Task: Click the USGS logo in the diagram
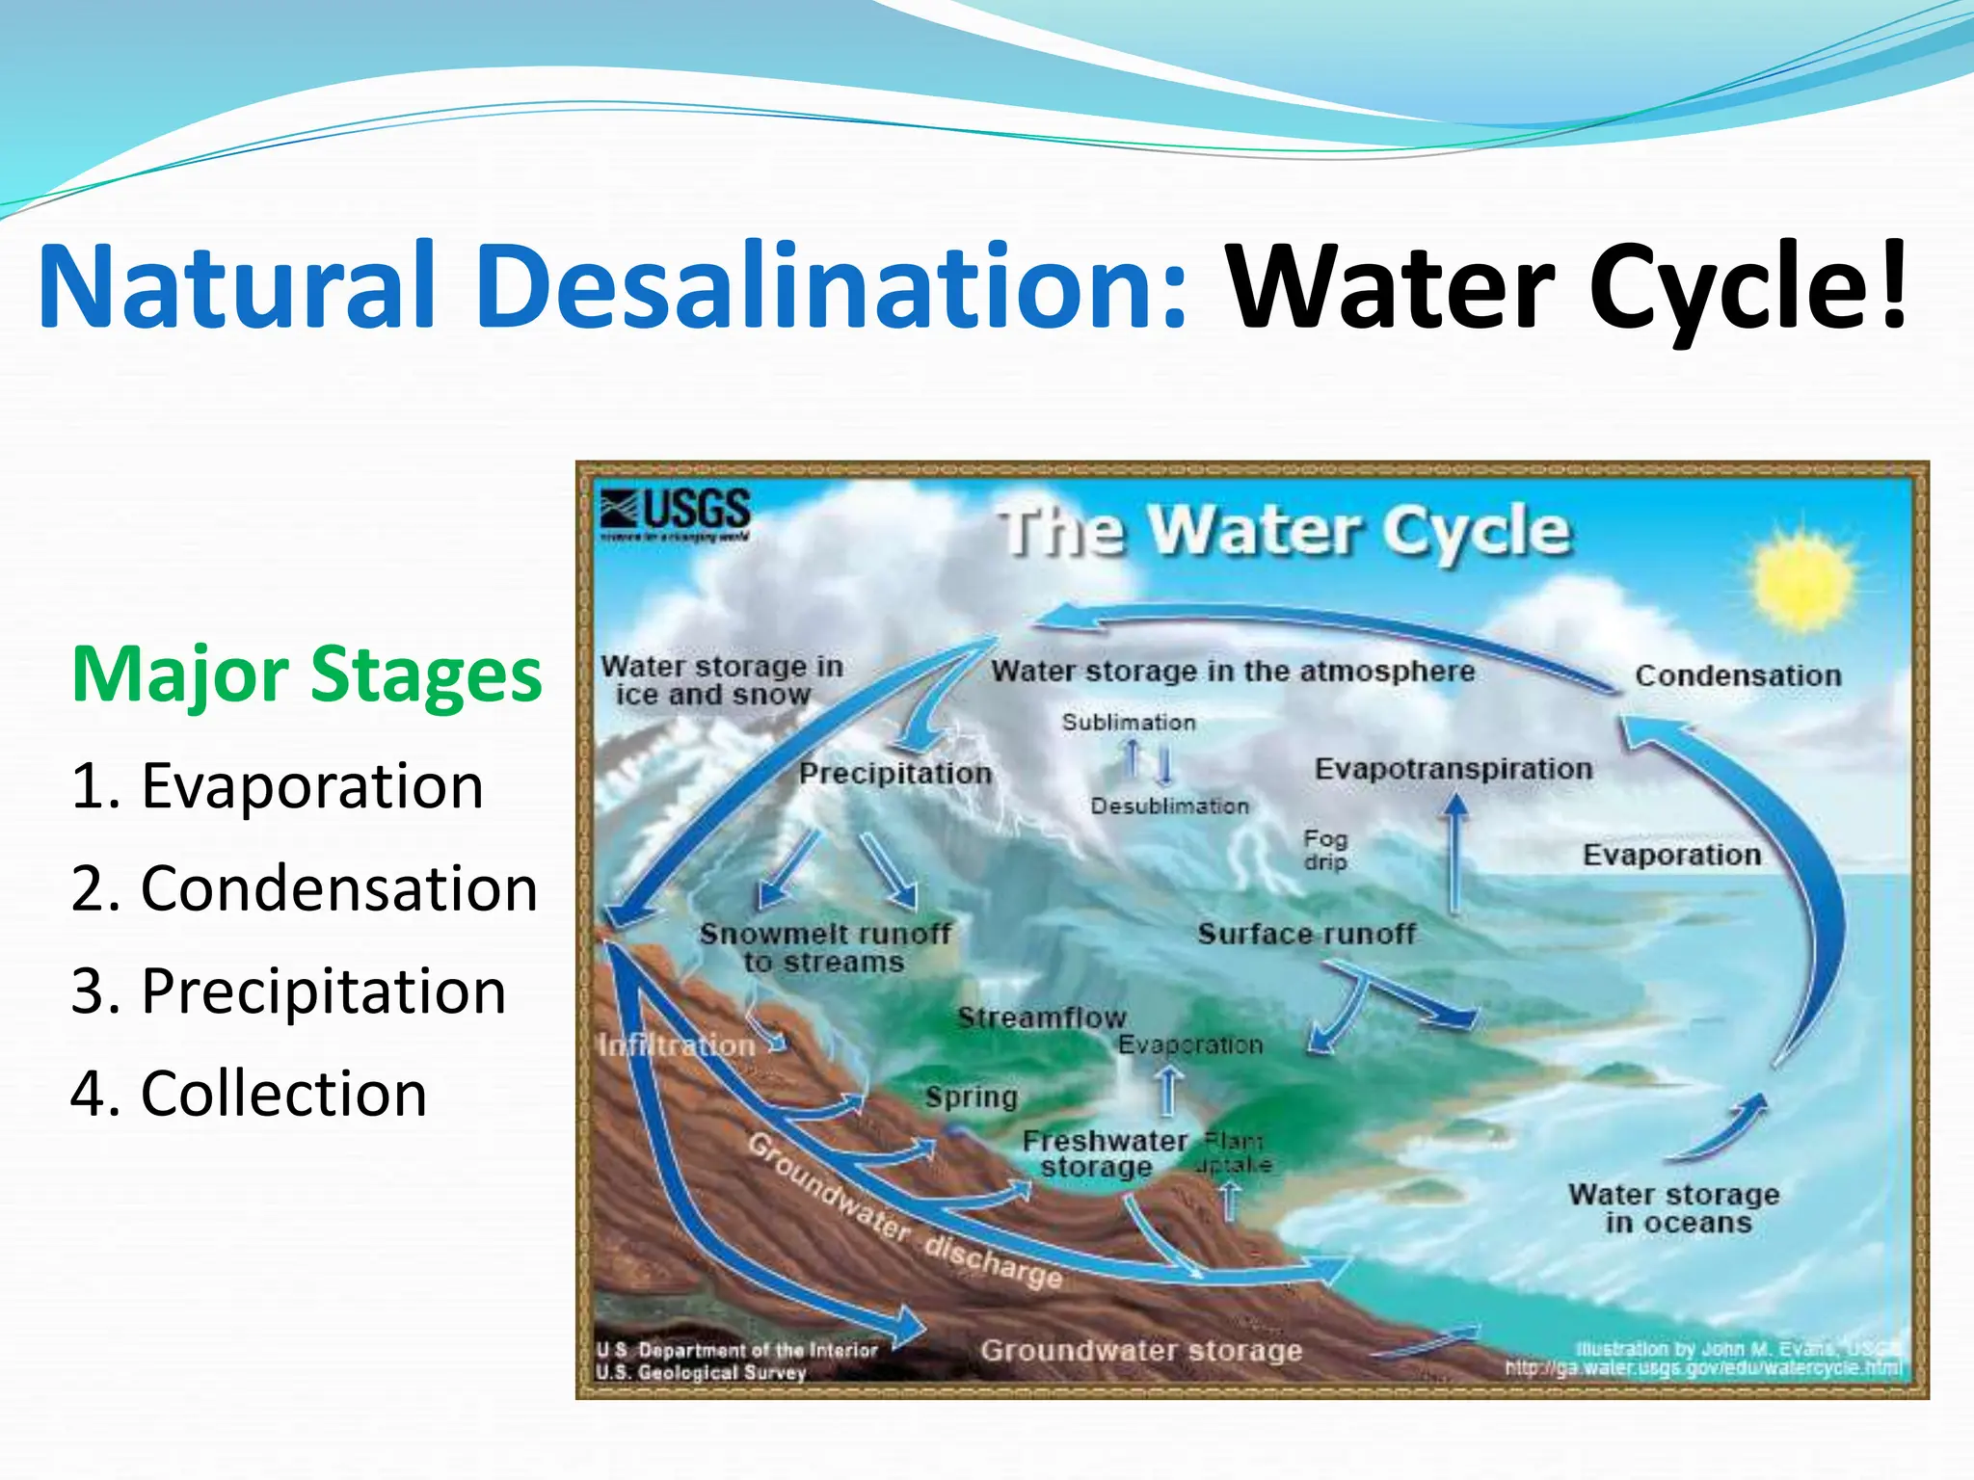click(x=675, y=514)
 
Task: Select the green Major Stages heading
click(x=307, y=674)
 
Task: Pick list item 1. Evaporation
click(x=278, y=785)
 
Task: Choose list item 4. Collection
click(x=249, y=1094)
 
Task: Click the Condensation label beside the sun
click(x=1738, y=675)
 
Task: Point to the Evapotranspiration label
click(x=1453, y=769)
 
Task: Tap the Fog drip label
click(x=1325, y=850)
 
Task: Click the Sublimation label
click(x=1129, y=722)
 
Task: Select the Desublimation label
click(x=1169, y=806)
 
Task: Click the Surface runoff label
click(x=1306, y=933)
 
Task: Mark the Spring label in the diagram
click(x=971, y=1097)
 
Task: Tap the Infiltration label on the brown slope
click(x=677, y=1045)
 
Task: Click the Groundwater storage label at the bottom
click(x=1141, y=1350)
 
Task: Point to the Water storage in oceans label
click(x=1674, y=1208)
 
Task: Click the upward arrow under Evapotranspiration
click(x=1454, y=853)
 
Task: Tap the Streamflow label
click(x=1041, y=1017)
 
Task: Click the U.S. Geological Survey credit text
click(x=701, y=1372)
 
